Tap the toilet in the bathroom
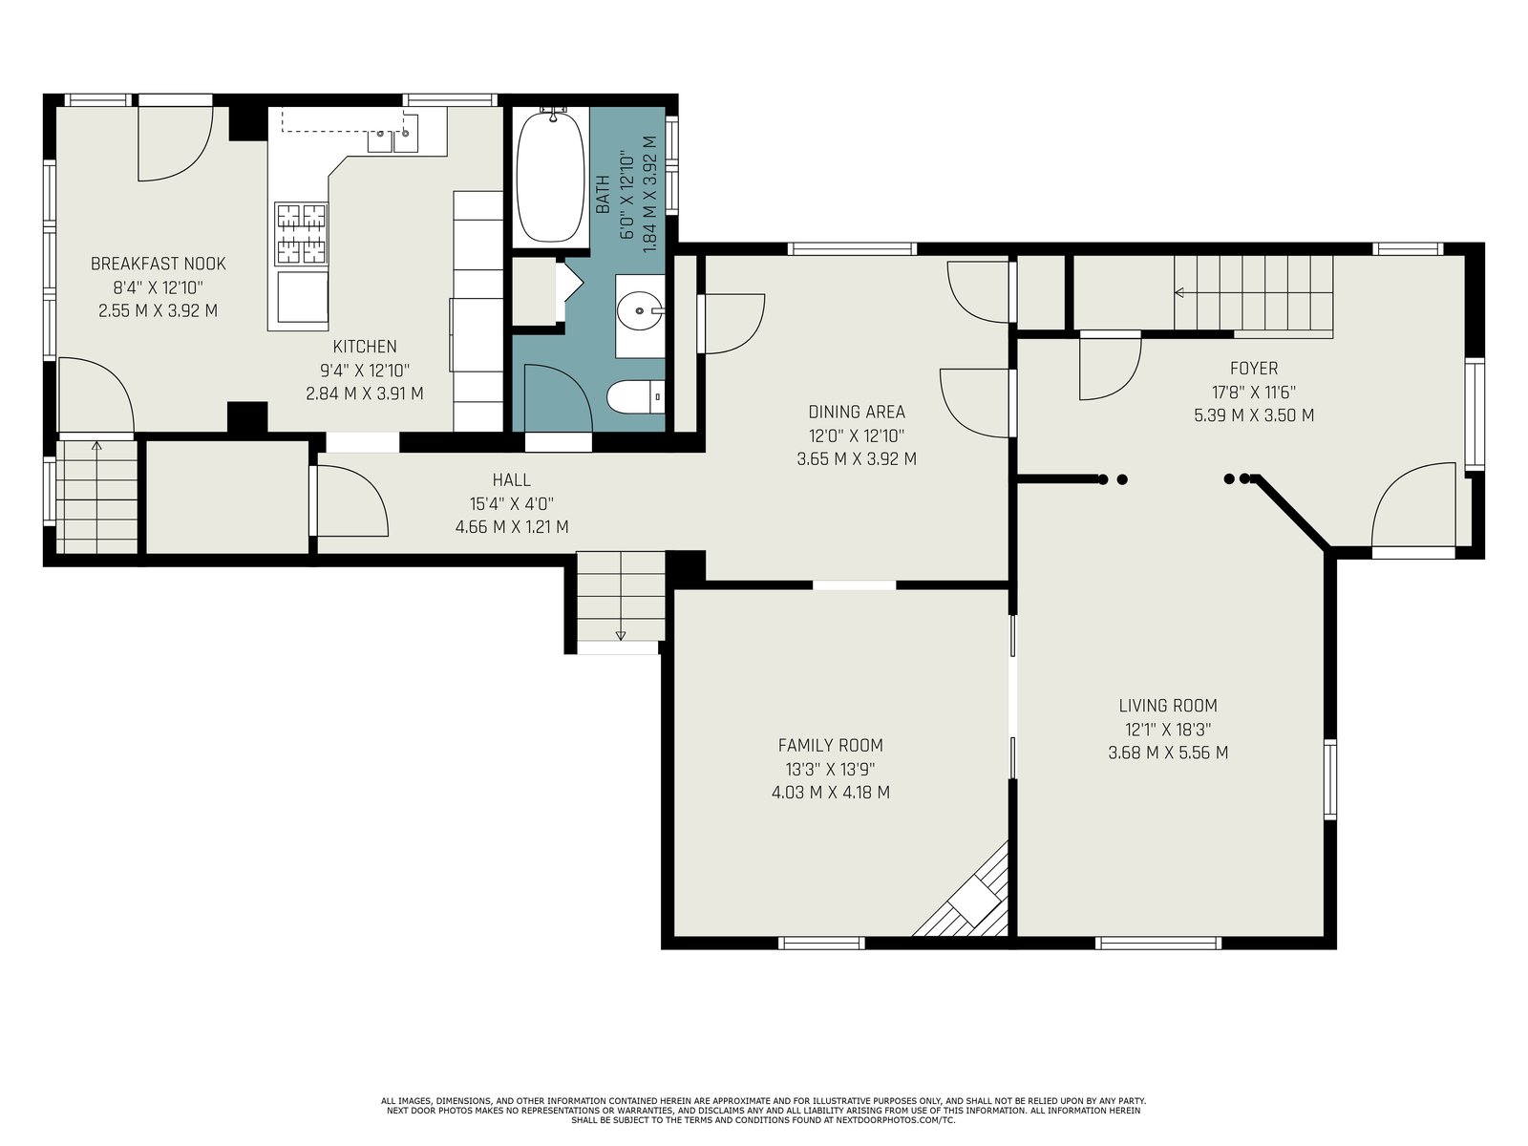point(635,397)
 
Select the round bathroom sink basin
point(639,310)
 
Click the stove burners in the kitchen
point(302,234)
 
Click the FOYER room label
point(1254,368)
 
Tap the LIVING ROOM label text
point(1167,706)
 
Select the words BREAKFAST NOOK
point(159,264)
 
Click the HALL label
point(512,479)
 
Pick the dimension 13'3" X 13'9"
point(830,769)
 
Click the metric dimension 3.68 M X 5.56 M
point(1168,753)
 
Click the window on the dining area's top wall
point(852,248)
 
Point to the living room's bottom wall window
point(1158,943)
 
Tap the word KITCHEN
point(365,347)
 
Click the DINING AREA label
point(857,412)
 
